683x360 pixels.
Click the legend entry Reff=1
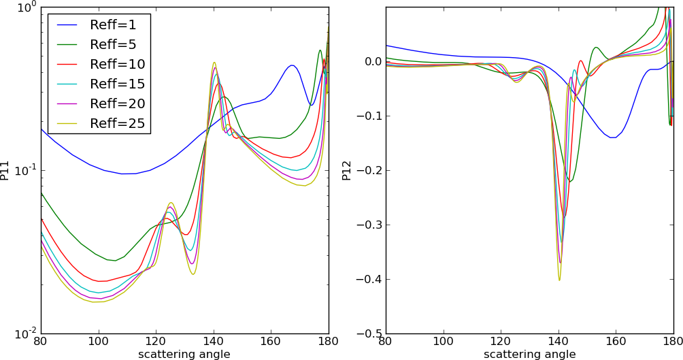(x=113, y=25)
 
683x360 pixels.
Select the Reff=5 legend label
(x=113, y=45)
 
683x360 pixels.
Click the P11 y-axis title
(x=6, y=170)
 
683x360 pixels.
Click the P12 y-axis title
(x=347, y=170)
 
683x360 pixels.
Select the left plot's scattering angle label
(x=184, y=354)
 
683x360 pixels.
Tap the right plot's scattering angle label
(x=530, y=354)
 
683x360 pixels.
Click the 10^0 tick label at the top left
(x=26, y=8)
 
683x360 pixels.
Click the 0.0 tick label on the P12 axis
(x=371, y=62)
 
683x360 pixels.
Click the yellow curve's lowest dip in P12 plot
(x=559, y=280)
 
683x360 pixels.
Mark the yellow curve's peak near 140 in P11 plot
(x=214, y=62)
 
